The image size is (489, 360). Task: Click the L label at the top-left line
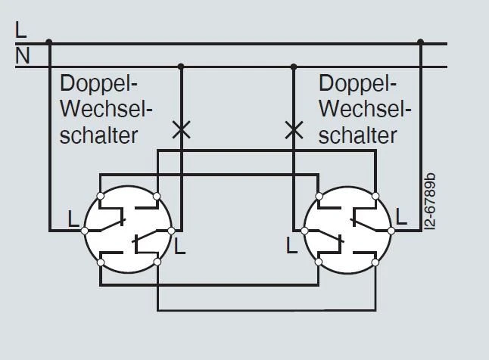click(21, 31)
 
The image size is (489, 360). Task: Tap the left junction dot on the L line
click(49, 43)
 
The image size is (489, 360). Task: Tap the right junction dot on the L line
click(422, 43)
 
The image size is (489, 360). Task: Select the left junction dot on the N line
click(180, 67)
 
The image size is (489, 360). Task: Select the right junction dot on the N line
click(293, 67)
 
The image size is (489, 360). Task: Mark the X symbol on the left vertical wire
click(180, 129)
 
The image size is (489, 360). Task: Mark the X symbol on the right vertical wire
click(293, 129)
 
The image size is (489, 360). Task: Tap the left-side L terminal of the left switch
click(85, 229)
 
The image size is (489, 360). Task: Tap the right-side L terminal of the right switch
click(392, 228)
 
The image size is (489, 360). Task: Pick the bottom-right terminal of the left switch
click(157, 262)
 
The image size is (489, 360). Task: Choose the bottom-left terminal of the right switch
click(319, 262)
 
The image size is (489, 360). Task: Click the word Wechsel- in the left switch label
click(106, 110)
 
